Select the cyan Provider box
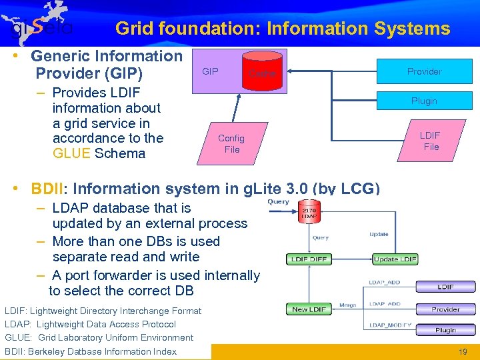(x=424, y=71)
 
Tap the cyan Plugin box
(x=424, y=101)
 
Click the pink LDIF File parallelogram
(x=431, y=141)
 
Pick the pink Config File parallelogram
(x=231, y=143)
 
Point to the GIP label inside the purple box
(x=210, y=71)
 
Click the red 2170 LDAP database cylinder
(x=309, y=213)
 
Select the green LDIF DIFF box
(x=309, y=259)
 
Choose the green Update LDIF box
(x=395, y=259)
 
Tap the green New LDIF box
(x=308, y=309)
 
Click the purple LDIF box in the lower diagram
(x=445, y=287)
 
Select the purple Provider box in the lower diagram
(x=445, y=309)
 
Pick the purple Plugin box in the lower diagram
(x=445, y=330)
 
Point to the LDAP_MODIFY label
(x=387, y=325)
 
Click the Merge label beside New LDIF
(x=347, y=305)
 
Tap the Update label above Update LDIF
(x=379, y=234)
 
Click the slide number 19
(x=463, y=351)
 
